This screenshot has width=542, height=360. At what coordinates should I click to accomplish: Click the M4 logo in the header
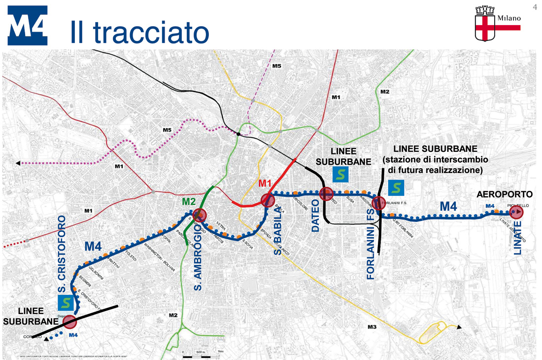(x=28, y=26)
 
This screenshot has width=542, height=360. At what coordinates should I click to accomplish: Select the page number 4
(x=534, y=6)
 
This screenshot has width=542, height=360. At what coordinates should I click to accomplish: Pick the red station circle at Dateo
(x=325, y=194)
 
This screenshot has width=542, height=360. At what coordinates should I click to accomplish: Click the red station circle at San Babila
(x=267, y=200)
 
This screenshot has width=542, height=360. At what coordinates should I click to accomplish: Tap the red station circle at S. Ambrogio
(x=200, y=215)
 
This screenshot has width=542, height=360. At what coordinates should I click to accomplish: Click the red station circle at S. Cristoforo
(x=70, y=322)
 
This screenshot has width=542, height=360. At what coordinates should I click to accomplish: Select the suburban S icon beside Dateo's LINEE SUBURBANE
(x=340, y=174)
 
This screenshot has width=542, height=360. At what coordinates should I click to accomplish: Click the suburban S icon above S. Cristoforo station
(x=66, y=303)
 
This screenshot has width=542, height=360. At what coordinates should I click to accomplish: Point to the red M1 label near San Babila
(x=265, y=184)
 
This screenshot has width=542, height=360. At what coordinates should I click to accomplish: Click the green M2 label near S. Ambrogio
(x=189, y=201)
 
